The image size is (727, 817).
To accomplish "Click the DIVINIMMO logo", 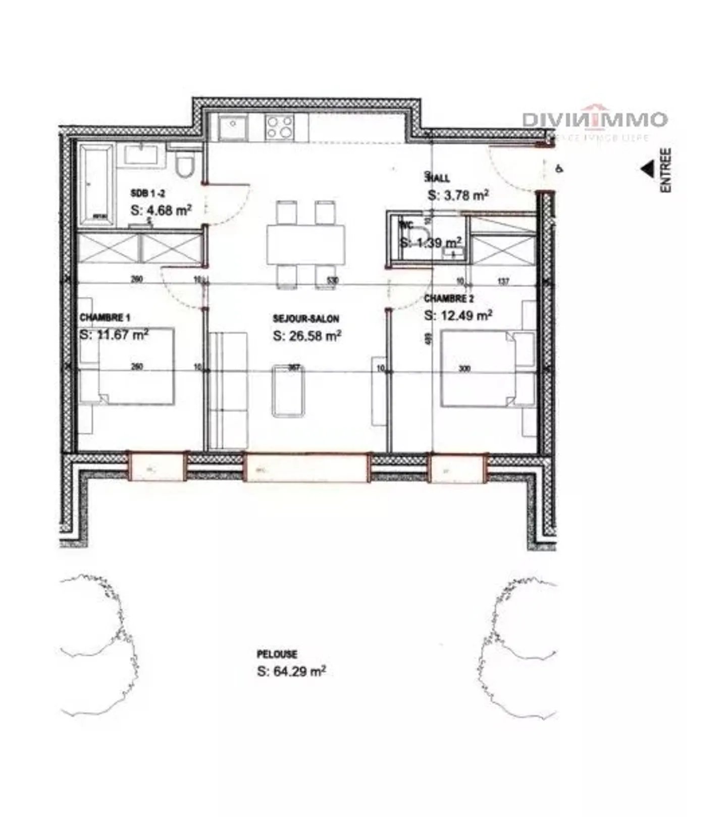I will [594, 121].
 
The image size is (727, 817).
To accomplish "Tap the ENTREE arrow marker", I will [647, 170].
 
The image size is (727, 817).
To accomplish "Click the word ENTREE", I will [666, 170].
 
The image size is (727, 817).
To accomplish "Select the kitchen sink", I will [233, 126].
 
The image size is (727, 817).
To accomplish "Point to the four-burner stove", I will [280, 127].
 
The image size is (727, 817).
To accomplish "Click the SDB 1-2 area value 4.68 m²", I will [161, 210].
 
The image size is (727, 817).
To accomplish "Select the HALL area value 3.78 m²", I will [457, 195].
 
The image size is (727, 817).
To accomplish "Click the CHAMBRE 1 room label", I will [105, 318].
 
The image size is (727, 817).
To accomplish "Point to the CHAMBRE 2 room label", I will [449, 299].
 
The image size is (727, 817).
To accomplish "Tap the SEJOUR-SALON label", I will [306, 319].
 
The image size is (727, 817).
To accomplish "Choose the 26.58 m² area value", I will [307, 336].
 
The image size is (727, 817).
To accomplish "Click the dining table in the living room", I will [306, 244].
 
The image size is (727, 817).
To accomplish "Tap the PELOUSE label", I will [277, 654].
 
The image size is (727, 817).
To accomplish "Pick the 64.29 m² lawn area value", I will [291, 672].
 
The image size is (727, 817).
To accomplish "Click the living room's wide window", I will [306, 468].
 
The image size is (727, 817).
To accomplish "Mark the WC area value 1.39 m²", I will [431, 242].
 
